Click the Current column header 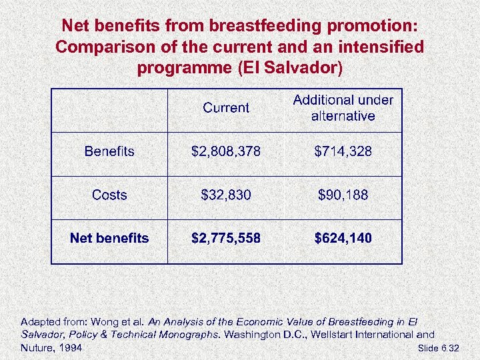[226, 108]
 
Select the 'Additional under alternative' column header [343, 108]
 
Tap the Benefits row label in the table [109, 151]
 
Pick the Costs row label [109, 195]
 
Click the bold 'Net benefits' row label [109, 238]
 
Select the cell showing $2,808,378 [226, 151]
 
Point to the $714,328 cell [343, 151]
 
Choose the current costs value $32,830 [226, 195]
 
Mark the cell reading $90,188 [343, 195]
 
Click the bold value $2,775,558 [226, 238]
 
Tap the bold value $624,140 [343, 238]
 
